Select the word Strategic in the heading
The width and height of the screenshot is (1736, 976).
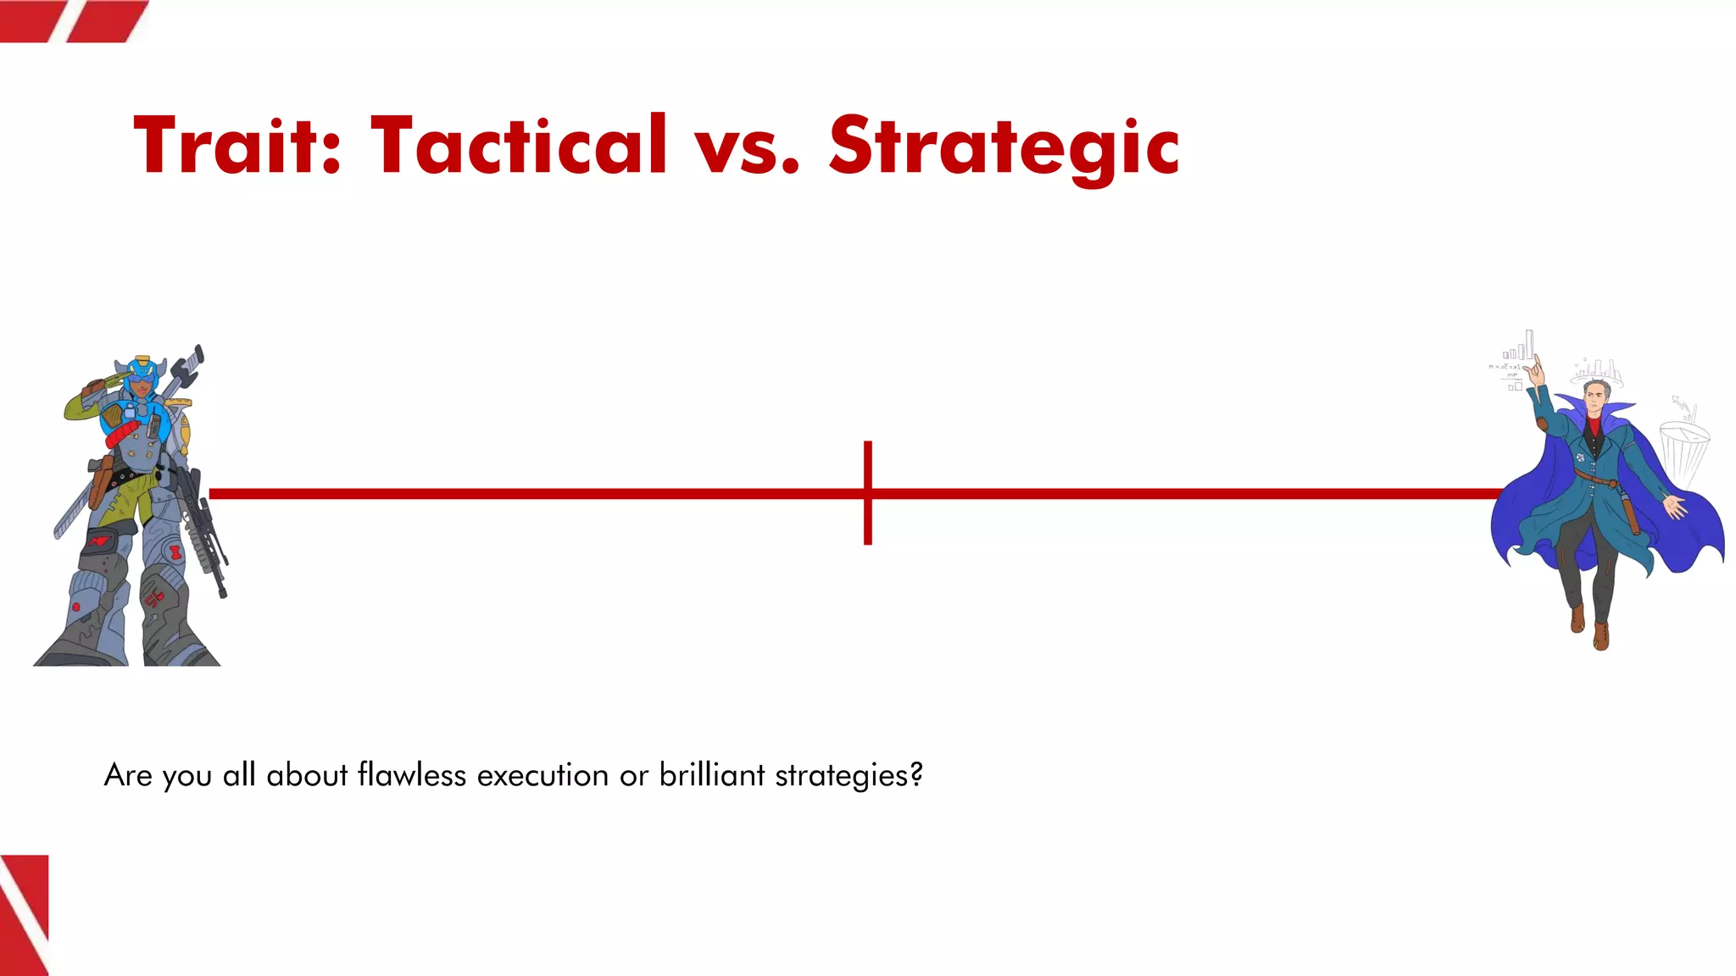coord(1004,147)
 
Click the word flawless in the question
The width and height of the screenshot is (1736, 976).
coord(412,774)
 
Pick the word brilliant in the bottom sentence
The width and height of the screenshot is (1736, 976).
coord(712,774)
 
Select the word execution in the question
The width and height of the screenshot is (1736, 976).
coord(542,774)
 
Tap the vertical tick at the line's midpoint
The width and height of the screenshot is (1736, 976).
coord(868,492)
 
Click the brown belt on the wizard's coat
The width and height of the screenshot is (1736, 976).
coord(1599,482)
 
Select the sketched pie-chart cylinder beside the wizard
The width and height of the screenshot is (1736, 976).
coord(1683,449)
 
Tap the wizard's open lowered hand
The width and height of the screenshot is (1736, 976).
coord(1675,507)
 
